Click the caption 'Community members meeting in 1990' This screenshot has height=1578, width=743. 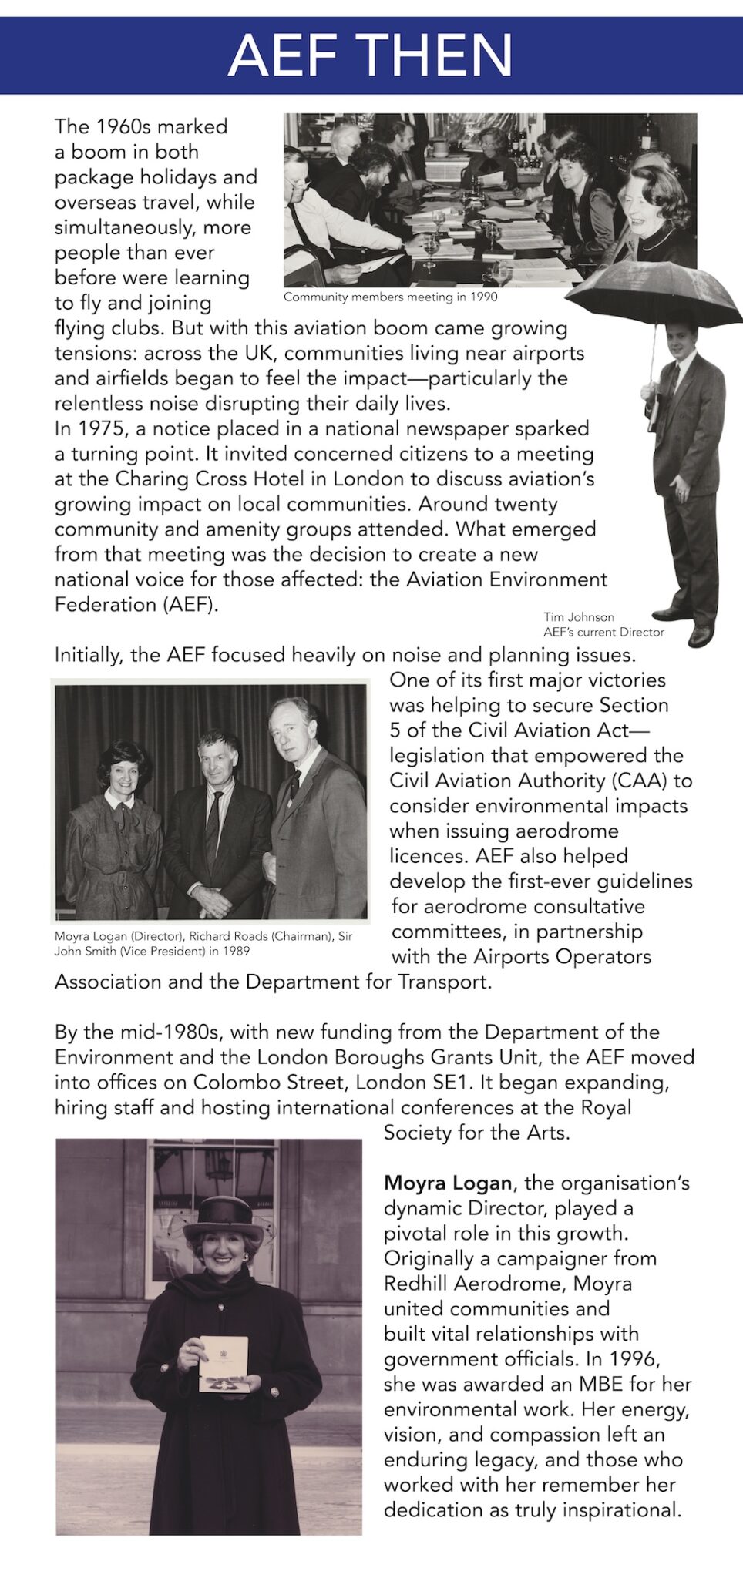pos(390,297)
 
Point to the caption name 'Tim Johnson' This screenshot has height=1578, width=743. pos(578,616)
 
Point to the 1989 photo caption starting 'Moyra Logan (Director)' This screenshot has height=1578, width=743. pos(203,943)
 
